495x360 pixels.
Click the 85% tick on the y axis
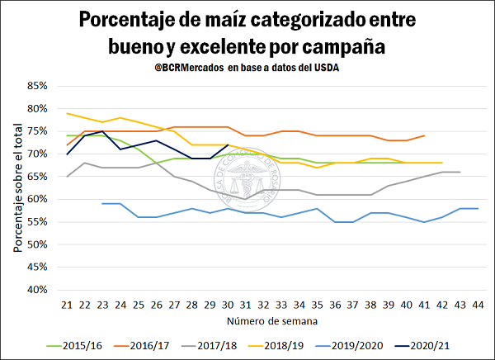point(38,86)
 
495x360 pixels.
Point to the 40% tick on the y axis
point(38,290)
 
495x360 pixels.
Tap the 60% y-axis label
point(38,199)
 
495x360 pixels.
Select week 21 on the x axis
point(68,305)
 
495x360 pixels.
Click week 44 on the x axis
point(477,305)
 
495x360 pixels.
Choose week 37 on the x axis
point(352,305)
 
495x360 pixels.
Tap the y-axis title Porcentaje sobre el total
point(16,187)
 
